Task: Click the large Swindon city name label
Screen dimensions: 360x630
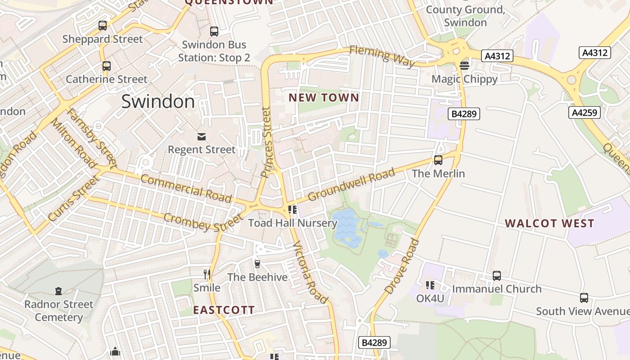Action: [158, 102]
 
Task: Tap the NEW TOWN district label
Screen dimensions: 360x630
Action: [324, 98]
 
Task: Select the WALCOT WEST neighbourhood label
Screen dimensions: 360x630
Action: [549, 223]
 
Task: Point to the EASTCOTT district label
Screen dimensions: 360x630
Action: [224, 310]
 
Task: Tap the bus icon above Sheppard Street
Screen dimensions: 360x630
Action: [103, 26]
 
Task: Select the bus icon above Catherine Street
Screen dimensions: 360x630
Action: [107, 66]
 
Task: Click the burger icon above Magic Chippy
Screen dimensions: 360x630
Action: [464, 66]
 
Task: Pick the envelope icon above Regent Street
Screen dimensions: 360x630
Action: [201, 136]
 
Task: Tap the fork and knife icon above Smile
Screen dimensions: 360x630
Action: [207, 274]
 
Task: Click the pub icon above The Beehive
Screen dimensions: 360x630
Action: [257, 264]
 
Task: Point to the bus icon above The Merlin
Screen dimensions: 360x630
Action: [438, 160]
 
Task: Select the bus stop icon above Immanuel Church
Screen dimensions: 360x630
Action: [496, 275]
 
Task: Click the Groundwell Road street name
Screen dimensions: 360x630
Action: [351, 184]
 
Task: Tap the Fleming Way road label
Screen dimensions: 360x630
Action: [382, 56]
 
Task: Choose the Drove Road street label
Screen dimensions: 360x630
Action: [402, 266]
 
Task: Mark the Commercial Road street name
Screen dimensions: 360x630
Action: [186, 188]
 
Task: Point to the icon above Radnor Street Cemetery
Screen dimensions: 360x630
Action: [58, 291]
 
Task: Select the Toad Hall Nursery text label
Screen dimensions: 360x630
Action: [292, 223]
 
